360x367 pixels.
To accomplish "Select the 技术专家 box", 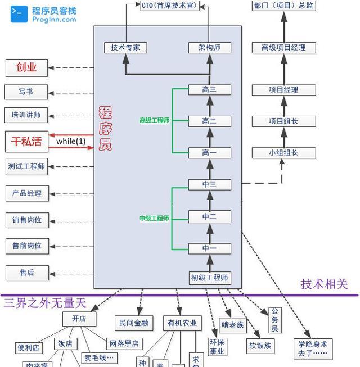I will [125, 48].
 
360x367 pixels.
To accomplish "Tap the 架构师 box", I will [209, 48].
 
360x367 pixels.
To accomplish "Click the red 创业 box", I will [26, 67].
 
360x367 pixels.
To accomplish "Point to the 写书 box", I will [26, 92].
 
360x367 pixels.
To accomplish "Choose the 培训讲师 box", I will [26, 115].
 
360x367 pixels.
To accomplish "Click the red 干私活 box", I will [26, 141].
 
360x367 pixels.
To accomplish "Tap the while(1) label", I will [71, 141].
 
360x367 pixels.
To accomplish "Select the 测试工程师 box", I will [26, 166].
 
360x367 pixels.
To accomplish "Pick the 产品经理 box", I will [26, 193].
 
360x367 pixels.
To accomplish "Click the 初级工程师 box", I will [209, 278].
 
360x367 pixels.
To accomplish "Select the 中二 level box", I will [209, 216].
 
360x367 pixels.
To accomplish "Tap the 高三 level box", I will [209, 89].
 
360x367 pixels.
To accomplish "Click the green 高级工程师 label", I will [154, 120].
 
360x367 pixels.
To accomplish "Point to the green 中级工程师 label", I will [154, 218].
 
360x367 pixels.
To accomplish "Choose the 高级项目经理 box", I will [283, 48].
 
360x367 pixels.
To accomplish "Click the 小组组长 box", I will [283, 153].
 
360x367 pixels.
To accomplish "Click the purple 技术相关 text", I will [324, 284].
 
